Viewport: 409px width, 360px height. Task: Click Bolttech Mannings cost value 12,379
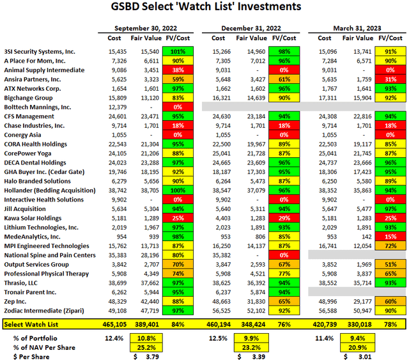109,107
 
